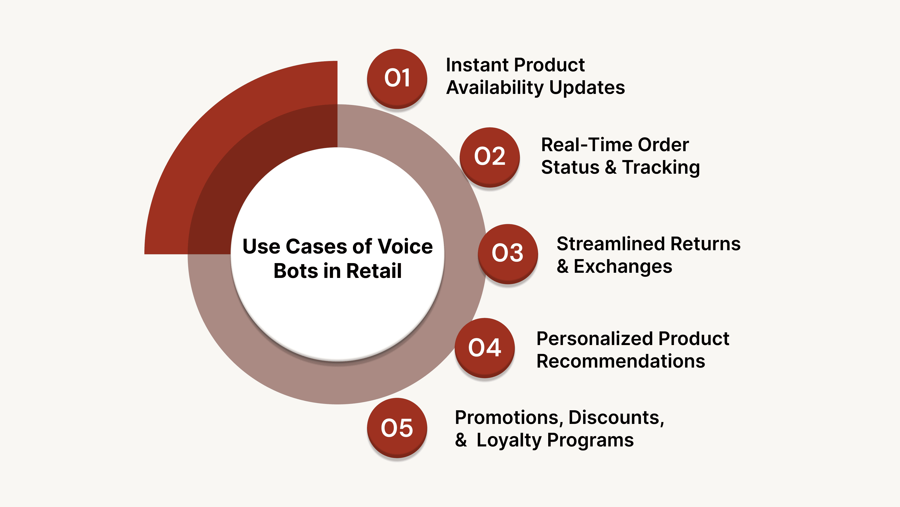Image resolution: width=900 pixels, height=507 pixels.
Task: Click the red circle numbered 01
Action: (x=397, y=78)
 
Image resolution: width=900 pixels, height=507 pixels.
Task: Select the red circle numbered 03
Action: (x=508, y=253)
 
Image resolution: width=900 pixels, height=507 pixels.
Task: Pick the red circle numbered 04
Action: (x=485, y=347)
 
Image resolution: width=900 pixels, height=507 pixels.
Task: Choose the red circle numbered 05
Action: (x=397, y=428)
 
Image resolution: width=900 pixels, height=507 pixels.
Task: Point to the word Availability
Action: (x=495, y=88)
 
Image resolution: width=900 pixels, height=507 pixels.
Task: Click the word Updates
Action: (x=587, y=88)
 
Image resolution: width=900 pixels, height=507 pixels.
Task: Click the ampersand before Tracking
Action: (x=610, y=167)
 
